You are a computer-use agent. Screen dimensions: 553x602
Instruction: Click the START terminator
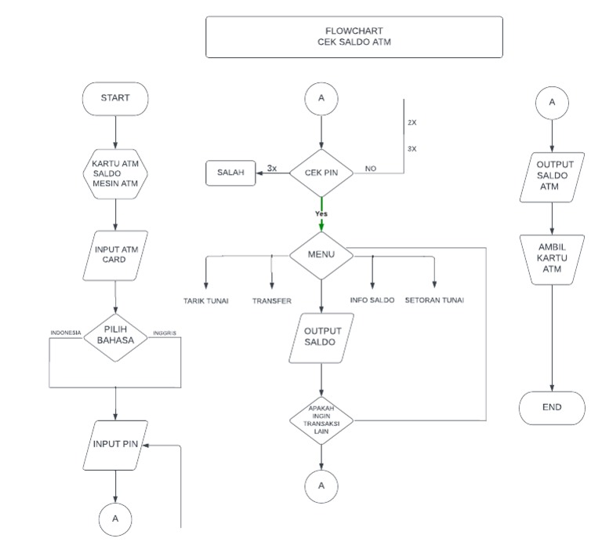pos(115,99)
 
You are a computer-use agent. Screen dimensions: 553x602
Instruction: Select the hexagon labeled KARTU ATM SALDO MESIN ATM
pos(115,173)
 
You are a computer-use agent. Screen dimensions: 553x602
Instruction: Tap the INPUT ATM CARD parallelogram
pos(115,256)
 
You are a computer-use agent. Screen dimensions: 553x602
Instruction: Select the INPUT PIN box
pos(115,444)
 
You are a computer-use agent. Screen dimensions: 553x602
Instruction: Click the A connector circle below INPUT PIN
pos(115,518)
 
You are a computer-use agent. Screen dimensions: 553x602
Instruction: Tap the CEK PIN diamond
pos(321,173)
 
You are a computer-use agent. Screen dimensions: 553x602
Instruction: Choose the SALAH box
pos(231,173)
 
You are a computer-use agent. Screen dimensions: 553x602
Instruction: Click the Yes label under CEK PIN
pos(321,213)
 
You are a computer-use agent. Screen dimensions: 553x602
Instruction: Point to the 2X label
pos(412,124)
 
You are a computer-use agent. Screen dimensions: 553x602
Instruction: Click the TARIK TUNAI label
pos(206,300)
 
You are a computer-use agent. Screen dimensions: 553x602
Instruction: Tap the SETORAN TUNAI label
pos(434,300)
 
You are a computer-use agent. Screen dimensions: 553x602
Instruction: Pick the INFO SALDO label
pos(372,300)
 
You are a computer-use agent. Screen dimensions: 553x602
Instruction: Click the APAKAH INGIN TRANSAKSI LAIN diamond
pos(321,420)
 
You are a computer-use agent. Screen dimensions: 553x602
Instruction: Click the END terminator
pos(553,408)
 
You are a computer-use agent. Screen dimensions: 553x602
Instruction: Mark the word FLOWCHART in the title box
pos(354,31)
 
